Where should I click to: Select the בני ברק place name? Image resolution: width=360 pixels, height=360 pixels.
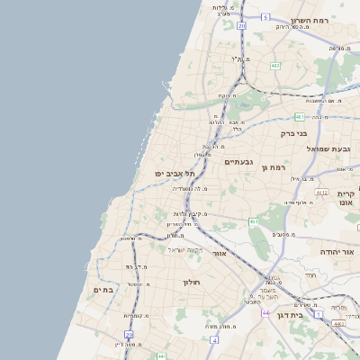tap(294, 133)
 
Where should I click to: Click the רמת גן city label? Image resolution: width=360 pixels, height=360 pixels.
tap(273, 167)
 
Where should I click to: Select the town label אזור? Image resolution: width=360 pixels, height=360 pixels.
tap(219, 254)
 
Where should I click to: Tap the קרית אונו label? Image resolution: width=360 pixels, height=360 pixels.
tap(346, 198)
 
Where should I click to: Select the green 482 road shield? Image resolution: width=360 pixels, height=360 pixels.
tap(275, 65)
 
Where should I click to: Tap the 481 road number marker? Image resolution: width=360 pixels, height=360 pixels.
tap(300, 116)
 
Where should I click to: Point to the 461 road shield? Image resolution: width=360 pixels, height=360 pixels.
tap(255, 221)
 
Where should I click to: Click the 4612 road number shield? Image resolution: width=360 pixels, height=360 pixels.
tap(321, 192)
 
